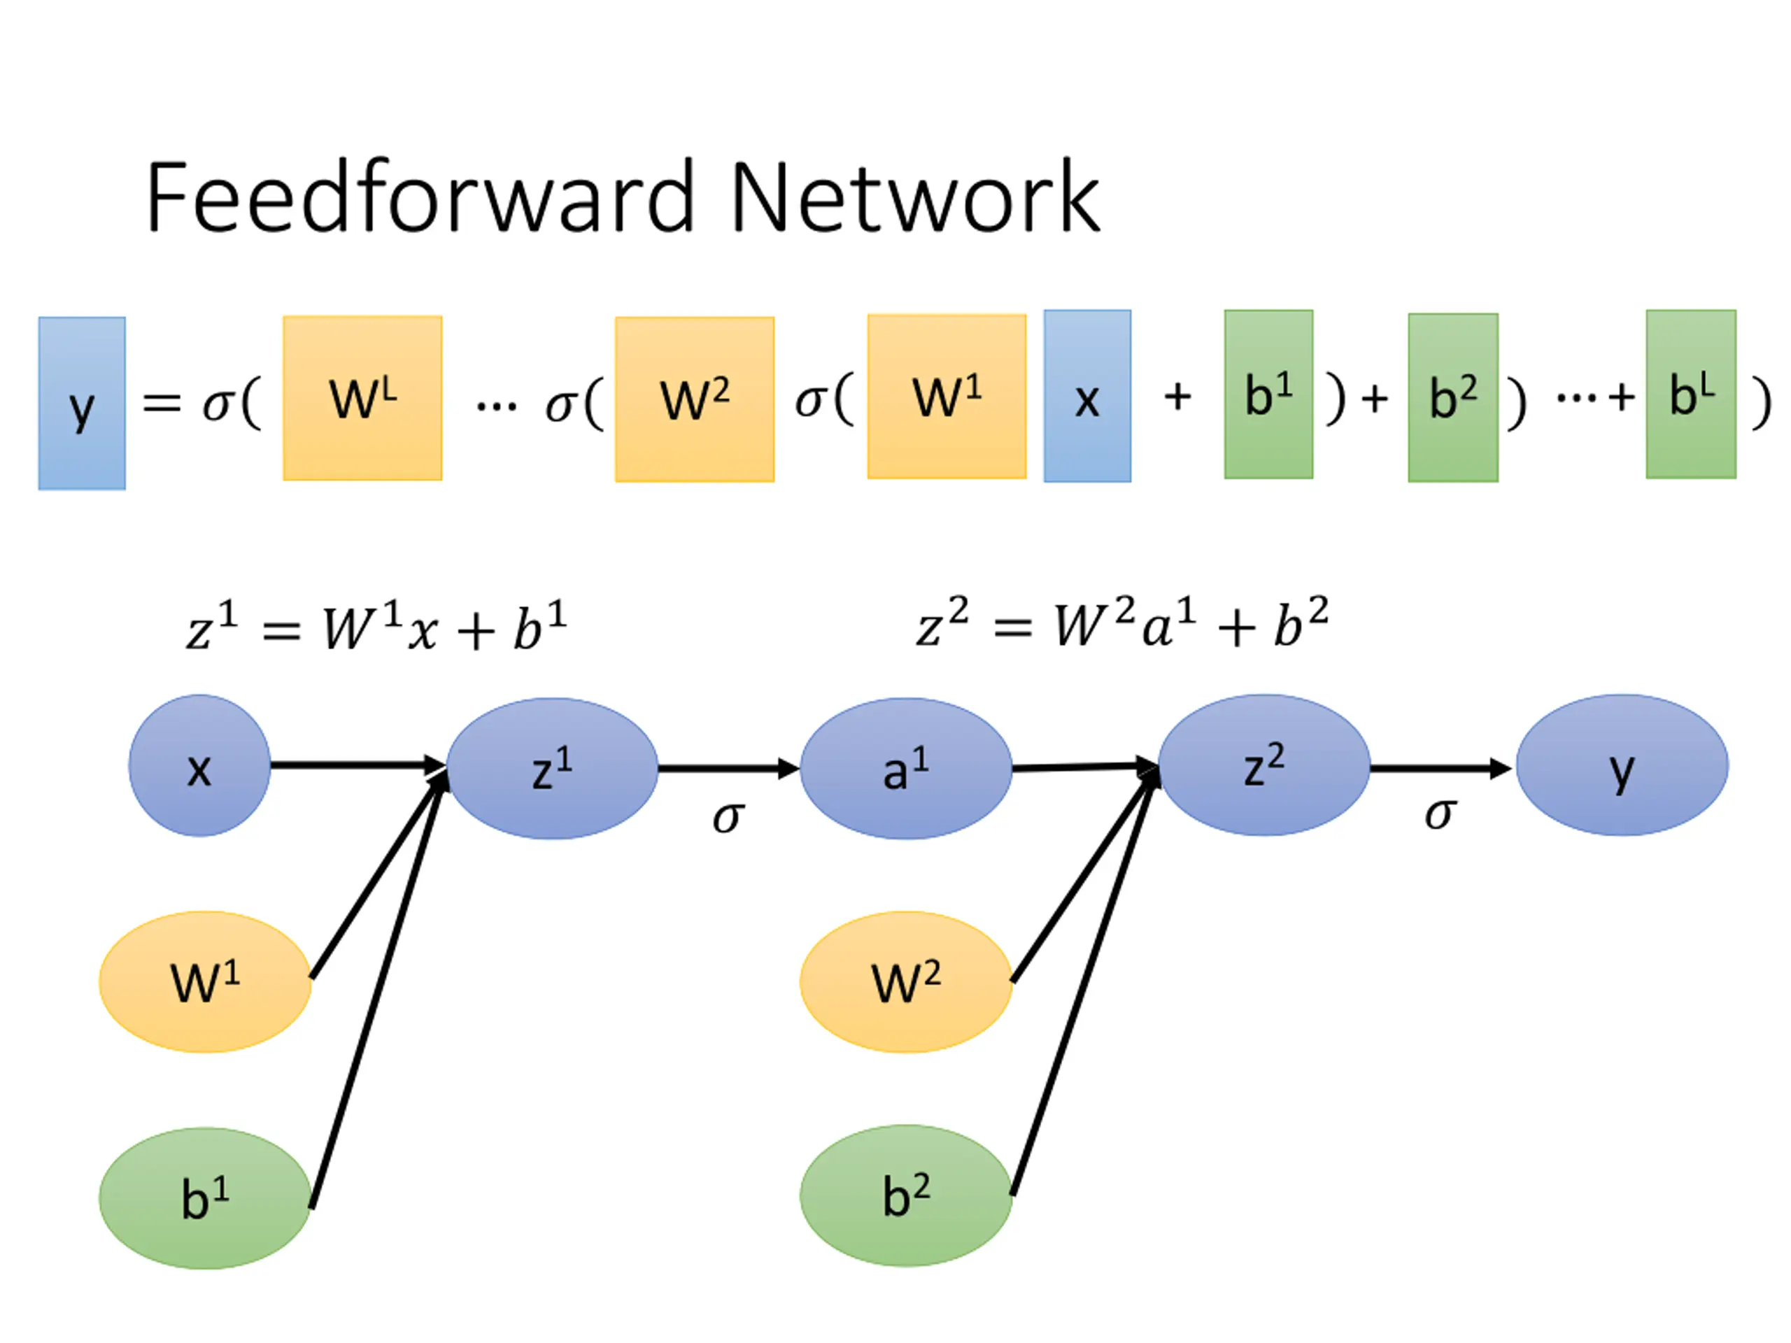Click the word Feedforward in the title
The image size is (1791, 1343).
[419, 197]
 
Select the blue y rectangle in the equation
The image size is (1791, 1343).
[82, 403]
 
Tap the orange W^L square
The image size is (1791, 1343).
[362, 398]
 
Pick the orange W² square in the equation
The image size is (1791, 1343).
[695, 399]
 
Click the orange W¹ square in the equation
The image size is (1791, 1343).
[947, 397]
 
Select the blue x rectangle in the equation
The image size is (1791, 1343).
[1087, 396]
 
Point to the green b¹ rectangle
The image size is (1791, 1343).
[1268, 395]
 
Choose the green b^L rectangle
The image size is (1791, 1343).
[1690, 395]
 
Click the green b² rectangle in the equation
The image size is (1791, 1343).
[1452, 397]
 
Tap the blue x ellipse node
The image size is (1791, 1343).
[200, 765]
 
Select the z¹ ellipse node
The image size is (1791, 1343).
[552, 768]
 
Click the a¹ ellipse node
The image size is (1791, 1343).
[905, 768]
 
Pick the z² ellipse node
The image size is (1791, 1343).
[1264, 765]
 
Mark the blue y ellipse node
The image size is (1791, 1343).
[1622, 765]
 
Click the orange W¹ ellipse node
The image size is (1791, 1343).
[205, 982]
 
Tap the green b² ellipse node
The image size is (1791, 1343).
[905, 1195]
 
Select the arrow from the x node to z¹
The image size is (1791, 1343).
[356, 765]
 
